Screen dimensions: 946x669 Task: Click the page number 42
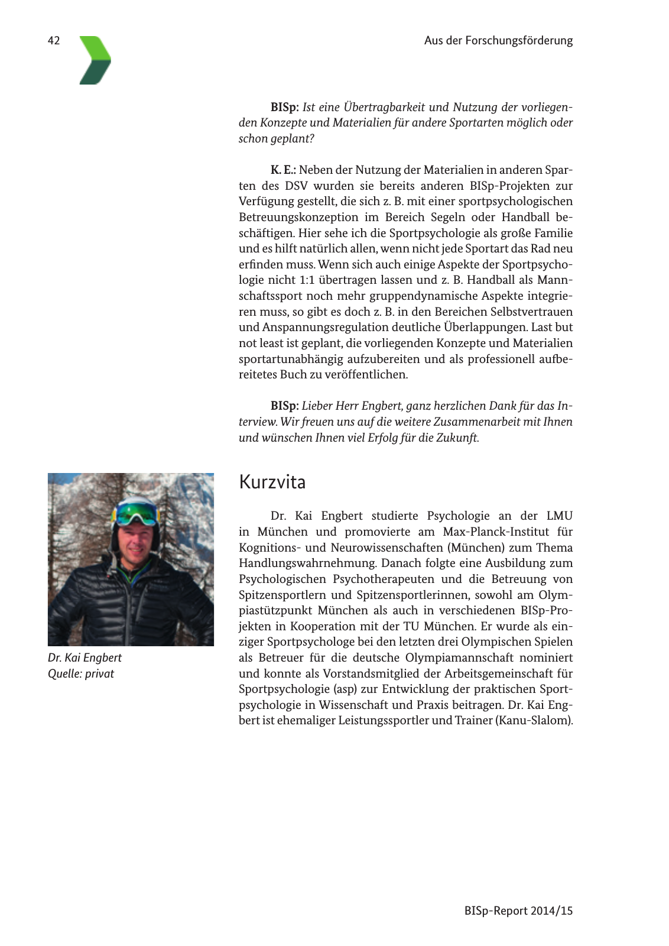pos(54,41)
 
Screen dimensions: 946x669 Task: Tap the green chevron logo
pos(95,60)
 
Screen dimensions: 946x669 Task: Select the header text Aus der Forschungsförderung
pos(498,41)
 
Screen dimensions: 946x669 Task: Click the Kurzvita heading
pos(272,482)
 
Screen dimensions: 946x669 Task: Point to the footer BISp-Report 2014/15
pos(518,911)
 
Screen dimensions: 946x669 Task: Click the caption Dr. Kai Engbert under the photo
pos(85,657)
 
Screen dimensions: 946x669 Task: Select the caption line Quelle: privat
pos(81,673)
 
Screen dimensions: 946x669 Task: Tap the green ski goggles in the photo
pos(135,512)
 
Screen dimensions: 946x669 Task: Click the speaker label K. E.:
pos(283,170)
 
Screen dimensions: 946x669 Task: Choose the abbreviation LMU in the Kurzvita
pos(559,516)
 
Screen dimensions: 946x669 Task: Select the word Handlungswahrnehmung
pos(307,563)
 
